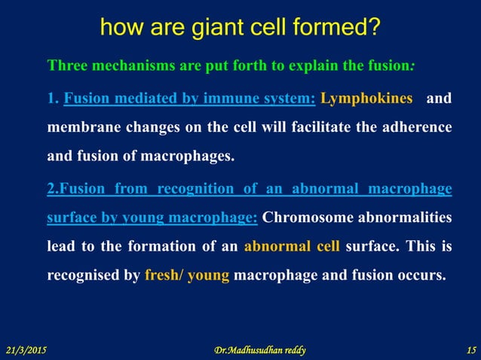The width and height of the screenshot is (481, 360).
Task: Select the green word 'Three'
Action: point(66,65)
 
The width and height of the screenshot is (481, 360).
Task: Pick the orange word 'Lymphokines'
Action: point(366,98)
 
